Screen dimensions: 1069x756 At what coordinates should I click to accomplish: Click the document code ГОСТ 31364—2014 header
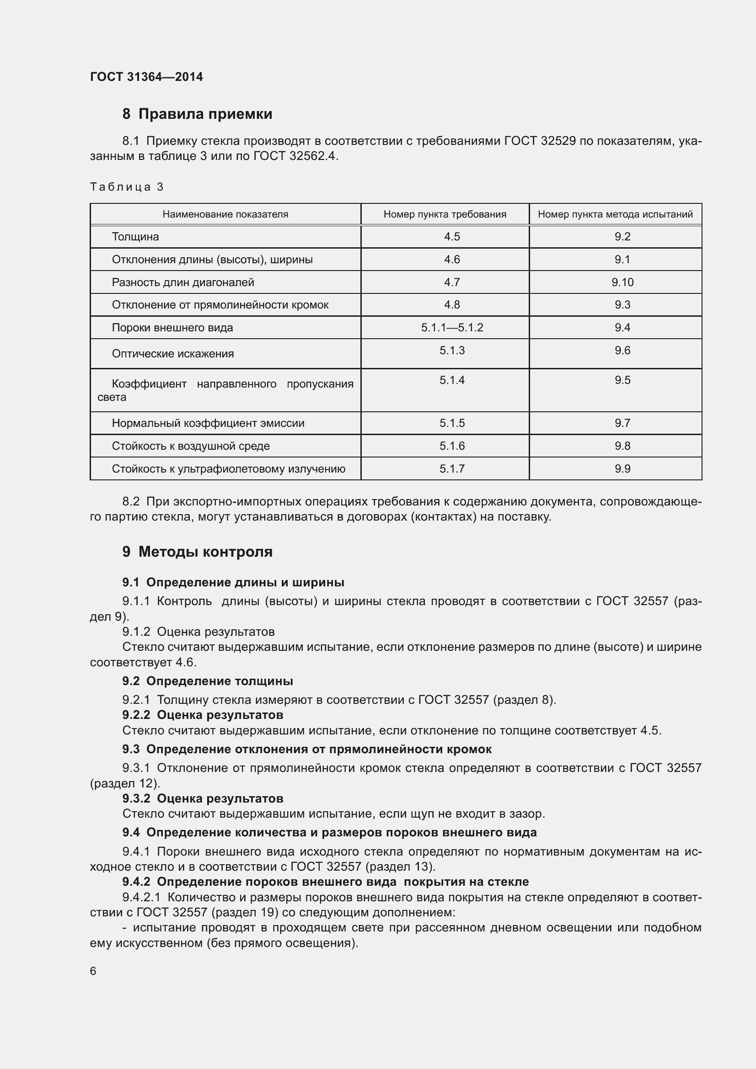[x=146, y=77]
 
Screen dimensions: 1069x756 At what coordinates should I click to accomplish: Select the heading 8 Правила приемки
[x=197, y=114]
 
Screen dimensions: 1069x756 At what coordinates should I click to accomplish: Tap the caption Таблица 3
[x=126, y=187]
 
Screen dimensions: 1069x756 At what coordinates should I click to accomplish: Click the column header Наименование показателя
[x=225, y=214]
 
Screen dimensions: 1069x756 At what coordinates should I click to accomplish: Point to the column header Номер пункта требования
[x=445, y=214]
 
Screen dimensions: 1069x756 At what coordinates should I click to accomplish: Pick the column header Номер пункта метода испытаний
[x=615, y=214]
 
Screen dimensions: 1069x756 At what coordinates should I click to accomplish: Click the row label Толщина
[x=135, y=237]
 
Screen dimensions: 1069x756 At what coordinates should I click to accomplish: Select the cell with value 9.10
[x=622, y=282]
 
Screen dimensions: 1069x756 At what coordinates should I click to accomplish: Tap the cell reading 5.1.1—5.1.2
[x=452, y=328]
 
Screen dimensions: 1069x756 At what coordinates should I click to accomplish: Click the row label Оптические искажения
[x=172, y=354]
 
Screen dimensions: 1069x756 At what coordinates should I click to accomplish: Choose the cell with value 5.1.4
[x=452, y=380]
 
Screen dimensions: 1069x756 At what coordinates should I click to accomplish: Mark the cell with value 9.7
[x=622, y=423]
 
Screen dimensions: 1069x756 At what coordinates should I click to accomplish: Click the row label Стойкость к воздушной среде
[x=191, y=446]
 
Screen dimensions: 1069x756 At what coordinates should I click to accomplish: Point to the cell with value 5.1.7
[x=452, y=469]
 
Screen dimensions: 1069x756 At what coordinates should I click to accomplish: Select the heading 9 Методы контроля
[x=197, y=552]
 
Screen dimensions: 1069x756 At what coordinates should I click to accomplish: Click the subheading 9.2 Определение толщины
[x=207, y=681]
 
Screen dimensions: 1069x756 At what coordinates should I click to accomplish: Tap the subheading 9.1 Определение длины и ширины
[x=233, y=582]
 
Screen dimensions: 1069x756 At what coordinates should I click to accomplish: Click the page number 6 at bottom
[x=93, y=971]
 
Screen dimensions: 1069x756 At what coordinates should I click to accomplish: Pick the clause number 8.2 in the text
[x=130, y=501]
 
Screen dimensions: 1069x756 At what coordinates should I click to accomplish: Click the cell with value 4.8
[x=452, y=305]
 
